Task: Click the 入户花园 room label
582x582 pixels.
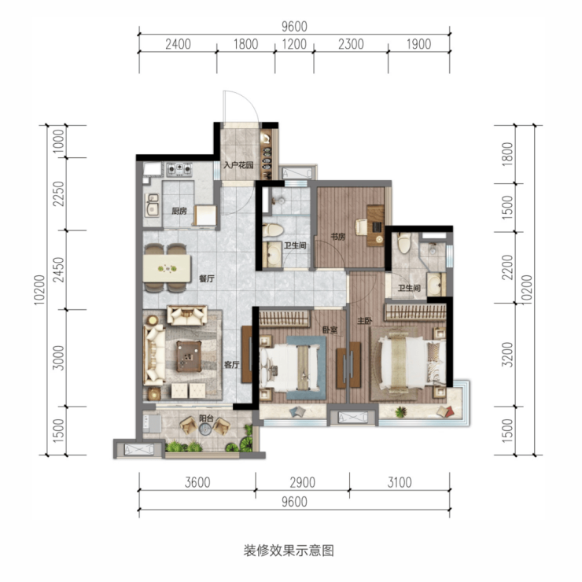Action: [x=238, y=165]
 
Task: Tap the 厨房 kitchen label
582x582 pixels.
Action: [x=179, y=212]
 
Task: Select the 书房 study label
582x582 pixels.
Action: [x=337, y=237]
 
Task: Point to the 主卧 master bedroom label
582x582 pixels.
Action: [x=364, y=321]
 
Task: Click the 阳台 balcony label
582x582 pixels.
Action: [x=206, y=418]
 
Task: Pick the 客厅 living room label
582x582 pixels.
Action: [x=231, y=364]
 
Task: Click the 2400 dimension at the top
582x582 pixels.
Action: [x=179, y=44]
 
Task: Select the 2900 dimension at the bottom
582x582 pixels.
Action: [x=303, y=482]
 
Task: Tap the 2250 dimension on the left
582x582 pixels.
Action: [x=59, y=193]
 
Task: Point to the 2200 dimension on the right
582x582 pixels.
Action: [x=507, y=267]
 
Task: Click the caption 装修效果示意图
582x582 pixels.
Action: [x=289, y=551]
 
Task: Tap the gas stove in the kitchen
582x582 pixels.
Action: [x=179, y=169]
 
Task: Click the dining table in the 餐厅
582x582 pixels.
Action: [x=167, y=268]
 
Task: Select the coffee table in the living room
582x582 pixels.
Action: [x=190, y=356]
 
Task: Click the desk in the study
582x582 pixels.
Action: [x=376, y=225]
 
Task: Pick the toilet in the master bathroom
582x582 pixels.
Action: [x=403, y=242]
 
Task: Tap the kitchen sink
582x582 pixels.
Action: [x=153, y=204]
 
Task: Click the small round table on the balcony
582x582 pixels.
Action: [x=205, y=429]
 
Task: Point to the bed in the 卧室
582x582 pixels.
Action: [x=289, y=367]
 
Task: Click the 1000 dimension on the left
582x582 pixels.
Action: [x=59, y=141]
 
